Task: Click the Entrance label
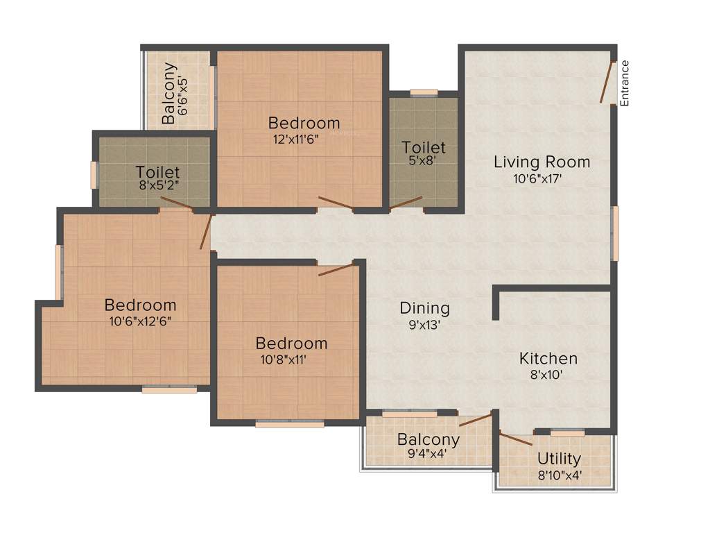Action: point(624,83)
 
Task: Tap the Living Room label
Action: point(542,162)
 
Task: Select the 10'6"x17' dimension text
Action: point(542,179)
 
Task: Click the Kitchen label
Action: point(548,359)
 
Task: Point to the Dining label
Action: point(424,308)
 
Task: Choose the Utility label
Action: point(559,459)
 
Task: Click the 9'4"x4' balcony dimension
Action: point(428,455)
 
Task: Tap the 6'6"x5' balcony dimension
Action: point(184,94)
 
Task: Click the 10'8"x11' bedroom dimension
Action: point(291,359)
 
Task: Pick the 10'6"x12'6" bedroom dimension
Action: point(140,321)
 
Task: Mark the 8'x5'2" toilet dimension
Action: point(157,187)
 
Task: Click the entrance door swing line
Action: point(607,83)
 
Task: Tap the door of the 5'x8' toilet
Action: point(406,203)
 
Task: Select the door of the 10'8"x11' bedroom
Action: point(336,269)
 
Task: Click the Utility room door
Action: point(516,439)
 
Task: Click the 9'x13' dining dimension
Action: point(424,324)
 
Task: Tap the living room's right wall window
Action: point(614,232)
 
